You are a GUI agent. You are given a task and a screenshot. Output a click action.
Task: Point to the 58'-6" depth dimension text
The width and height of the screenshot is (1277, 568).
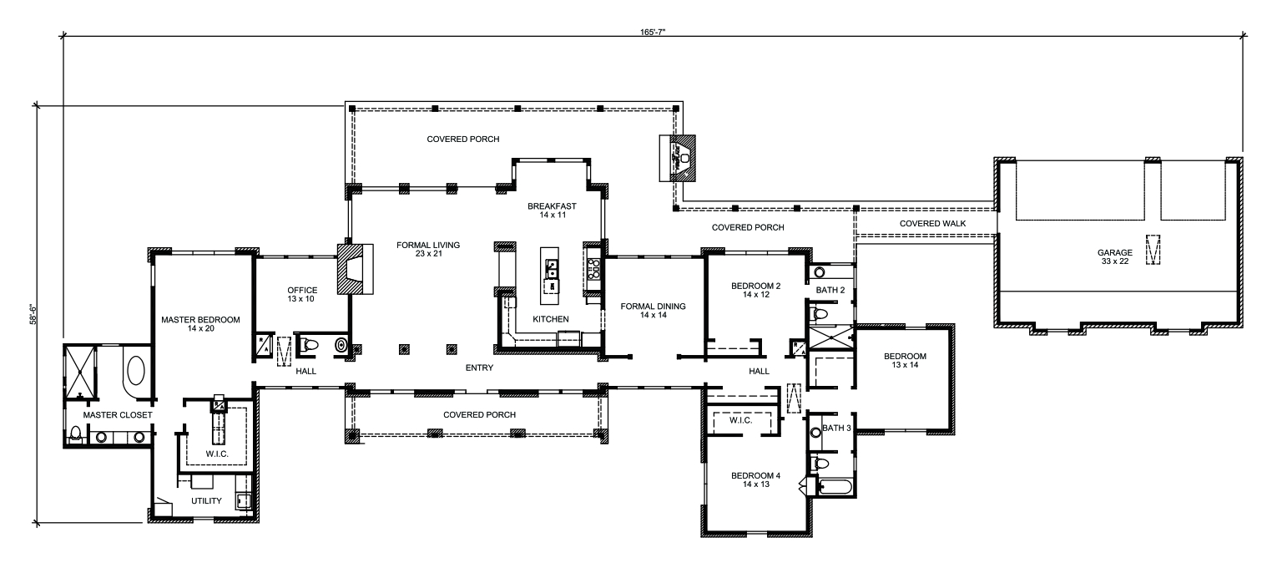(31, 315)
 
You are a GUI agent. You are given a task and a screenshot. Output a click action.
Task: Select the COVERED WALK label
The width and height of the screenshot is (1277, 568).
(927, 224)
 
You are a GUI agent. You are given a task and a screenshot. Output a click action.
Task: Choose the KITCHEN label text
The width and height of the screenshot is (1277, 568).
(551, 319)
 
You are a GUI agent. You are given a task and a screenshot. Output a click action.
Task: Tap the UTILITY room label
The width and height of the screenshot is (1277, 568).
(206, 501)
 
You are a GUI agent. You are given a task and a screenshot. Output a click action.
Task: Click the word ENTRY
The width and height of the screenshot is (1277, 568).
(480, 368)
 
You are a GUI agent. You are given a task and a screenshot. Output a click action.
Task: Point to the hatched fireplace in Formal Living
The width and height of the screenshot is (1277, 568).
(354, 268)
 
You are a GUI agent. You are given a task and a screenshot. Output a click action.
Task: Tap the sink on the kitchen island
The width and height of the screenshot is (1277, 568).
(553, 267)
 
